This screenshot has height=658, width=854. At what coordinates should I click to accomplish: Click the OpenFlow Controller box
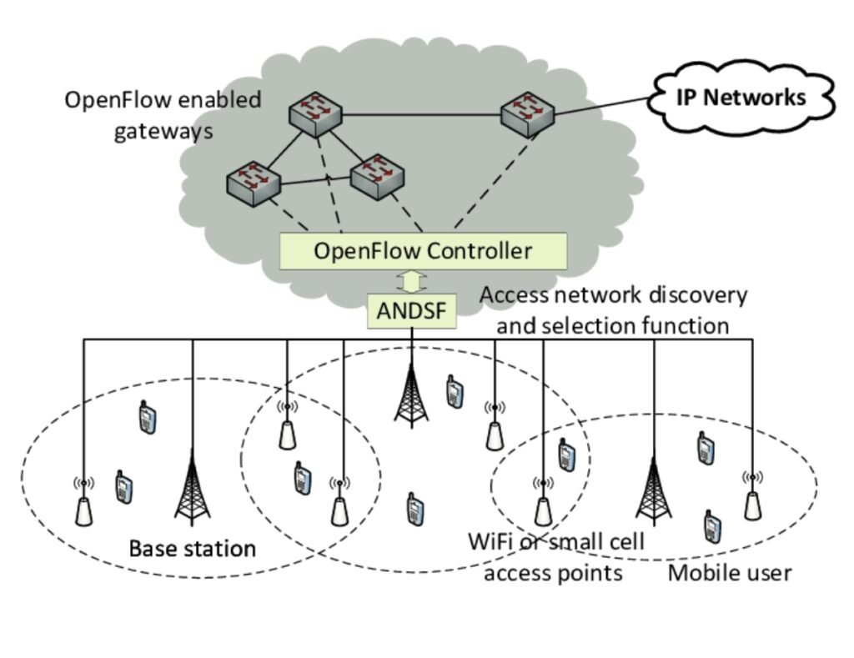[x=423, y=251]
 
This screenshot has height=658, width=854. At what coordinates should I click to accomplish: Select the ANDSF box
[x=412, y=311]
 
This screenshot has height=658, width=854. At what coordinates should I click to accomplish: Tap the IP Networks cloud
[x=740, y=98]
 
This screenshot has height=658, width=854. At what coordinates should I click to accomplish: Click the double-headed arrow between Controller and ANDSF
[x=411, y=282]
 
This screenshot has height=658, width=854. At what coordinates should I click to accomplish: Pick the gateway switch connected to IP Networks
[x=528, y=111]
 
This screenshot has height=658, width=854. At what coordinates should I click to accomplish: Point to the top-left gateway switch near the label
[x=316, y=111]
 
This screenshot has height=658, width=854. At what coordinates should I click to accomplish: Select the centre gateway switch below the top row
[x=378, y=175]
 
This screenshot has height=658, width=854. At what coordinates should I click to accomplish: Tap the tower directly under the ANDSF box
[x=411, y=392]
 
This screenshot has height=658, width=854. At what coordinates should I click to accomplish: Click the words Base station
[x=192, y=549]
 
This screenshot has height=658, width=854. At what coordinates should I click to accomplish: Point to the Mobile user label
[x=730, y=573]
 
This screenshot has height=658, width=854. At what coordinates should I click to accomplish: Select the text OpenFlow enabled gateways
[x=163, y=115]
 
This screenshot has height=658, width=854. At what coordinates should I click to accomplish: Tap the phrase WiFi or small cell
[x=555, y=542]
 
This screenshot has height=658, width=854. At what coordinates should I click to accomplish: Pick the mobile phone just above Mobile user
[x=712, y=526]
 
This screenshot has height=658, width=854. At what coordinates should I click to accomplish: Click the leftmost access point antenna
[x=83, y=504]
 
